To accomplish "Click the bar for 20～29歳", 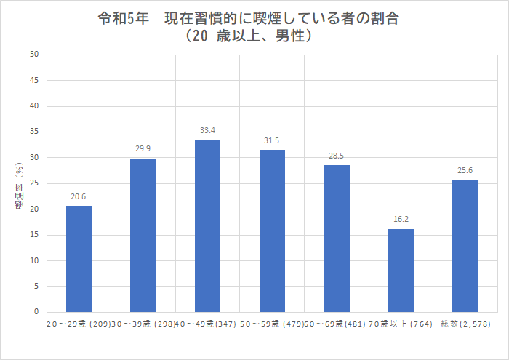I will coord(79,259).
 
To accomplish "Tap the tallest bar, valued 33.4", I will coord(208,226).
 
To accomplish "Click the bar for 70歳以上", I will coord(401,271).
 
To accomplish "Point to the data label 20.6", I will coord(79,196).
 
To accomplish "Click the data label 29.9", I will coord(143,148).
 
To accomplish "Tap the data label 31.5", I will coord(272,140).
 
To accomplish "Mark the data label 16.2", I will coord(401,219).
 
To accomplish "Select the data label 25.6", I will coord(465,171).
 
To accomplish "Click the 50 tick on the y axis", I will coord(34,55).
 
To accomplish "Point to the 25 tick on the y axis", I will coord(34,183).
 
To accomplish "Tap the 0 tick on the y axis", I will coord(36,312).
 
